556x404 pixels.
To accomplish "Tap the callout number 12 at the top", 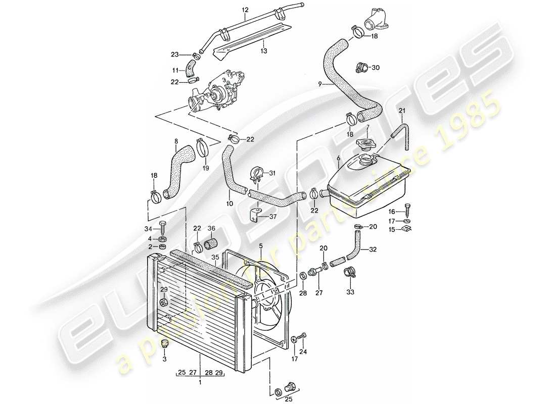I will pos(246,10).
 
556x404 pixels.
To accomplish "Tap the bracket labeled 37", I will pos(255,216).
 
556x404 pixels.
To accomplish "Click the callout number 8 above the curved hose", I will pos(176,142).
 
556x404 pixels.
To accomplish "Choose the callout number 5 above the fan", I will pos(261,246).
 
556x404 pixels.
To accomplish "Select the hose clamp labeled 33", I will pos(349,274).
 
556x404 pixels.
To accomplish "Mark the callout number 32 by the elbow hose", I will pos(373,249).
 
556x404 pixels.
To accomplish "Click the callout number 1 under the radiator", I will pos(201,383).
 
